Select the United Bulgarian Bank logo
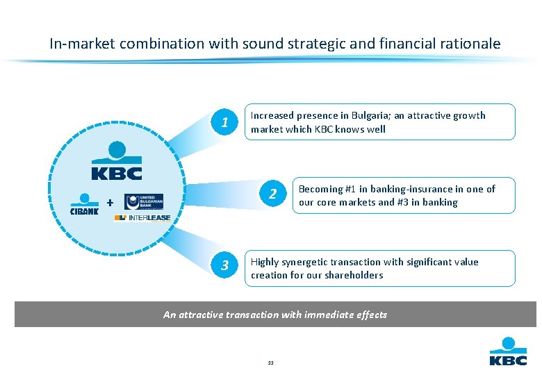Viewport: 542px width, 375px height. tap(143, 201)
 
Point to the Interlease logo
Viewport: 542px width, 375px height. tap(142, 217)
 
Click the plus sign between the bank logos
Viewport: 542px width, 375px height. tap(109, 203)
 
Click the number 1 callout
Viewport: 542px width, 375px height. tap(224, 124)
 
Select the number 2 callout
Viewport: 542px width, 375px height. tap(274, 194)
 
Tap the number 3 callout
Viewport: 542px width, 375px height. tap(224, 265)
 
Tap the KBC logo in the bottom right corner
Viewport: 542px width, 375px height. tap(508, 351)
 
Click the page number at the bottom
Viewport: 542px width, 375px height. tap(270, 362)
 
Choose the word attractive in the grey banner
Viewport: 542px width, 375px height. tap(202, 315)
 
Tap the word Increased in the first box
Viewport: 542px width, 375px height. tap(272, 115)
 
